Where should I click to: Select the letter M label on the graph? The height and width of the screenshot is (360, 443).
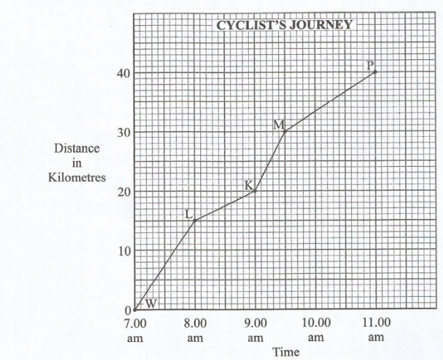279,125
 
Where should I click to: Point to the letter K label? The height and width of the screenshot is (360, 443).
248,185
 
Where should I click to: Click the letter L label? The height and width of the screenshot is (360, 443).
188,214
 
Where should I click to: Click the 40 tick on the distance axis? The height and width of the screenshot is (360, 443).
122,73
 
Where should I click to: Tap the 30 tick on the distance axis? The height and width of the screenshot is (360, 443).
122,132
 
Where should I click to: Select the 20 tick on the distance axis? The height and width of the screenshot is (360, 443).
122,191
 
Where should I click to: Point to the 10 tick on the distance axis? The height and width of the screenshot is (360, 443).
122,250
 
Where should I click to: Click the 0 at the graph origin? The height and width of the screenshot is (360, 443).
128,310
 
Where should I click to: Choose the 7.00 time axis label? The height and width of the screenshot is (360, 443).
135,323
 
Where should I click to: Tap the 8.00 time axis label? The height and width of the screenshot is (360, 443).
195,323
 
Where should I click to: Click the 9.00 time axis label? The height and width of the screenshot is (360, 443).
256,323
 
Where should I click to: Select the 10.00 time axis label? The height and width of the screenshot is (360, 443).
316,323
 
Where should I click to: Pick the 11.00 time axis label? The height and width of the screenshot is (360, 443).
376,323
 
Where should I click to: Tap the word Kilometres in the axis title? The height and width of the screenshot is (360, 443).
76,177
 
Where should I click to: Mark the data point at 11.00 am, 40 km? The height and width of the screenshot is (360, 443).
376,72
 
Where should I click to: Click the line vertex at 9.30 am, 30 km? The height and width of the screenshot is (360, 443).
285,131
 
